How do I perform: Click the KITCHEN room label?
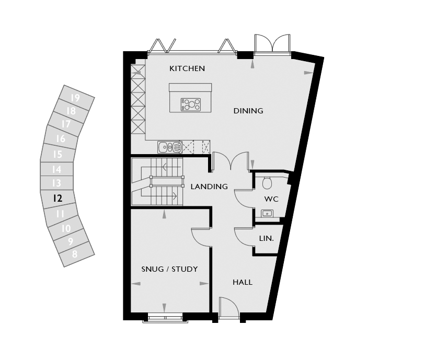(x=187, y=68)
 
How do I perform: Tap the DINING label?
(x=248, y=111)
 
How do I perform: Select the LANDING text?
(x=209, y=187)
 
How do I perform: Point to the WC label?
(x=271, y=199)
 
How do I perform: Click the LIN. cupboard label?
(x=267, y=238)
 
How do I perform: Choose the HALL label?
(x=243, y=282)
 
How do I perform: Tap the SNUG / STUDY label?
(x=170, y=269)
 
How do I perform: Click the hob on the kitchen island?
(x=191, y=104)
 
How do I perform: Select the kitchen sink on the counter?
(x=170, y=147)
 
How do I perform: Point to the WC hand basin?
(x=267, y=213)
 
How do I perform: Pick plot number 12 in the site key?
(x=58, y=198)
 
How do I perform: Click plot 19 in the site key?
(x=75, y=98)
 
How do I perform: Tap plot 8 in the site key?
(x=75, y=254)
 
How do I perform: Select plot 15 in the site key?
(x=58, y=154)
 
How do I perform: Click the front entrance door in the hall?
(x=229, y=307)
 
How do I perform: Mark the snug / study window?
(x=165, y=318)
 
